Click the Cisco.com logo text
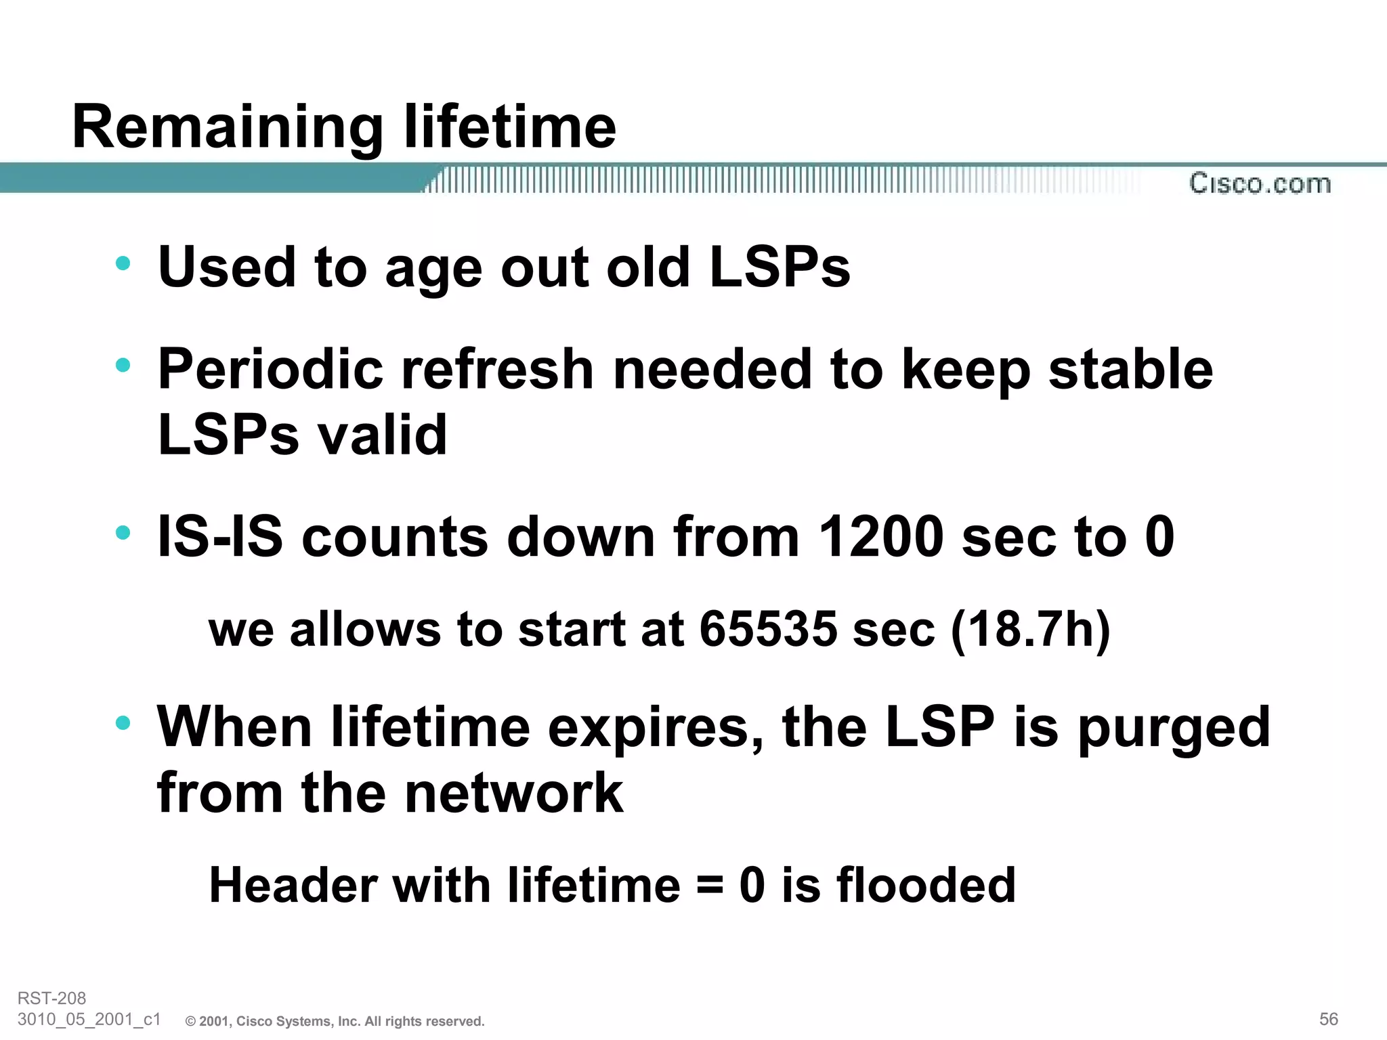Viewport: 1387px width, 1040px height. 1260,183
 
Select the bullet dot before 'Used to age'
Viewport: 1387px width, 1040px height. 123,263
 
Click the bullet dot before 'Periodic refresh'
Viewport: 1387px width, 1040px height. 123,366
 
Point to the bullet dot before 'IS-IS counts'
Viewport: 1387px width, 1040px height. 123,533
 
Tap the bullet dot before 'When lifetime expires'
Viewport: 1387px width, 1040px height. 123,723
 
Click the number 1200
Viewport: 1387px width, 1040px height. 880,537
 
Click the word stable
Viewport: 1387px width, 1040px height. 1130,370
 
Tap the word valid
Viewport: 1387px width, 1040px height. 383,435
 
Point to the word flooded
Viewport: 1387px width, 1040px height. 926,886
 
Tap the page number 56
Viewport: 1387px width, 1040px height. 1328,1019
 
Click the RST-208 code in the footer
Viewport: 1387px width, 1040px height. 51,998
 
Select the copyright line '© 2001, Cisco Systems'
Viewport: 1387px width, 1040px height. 335,1021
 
